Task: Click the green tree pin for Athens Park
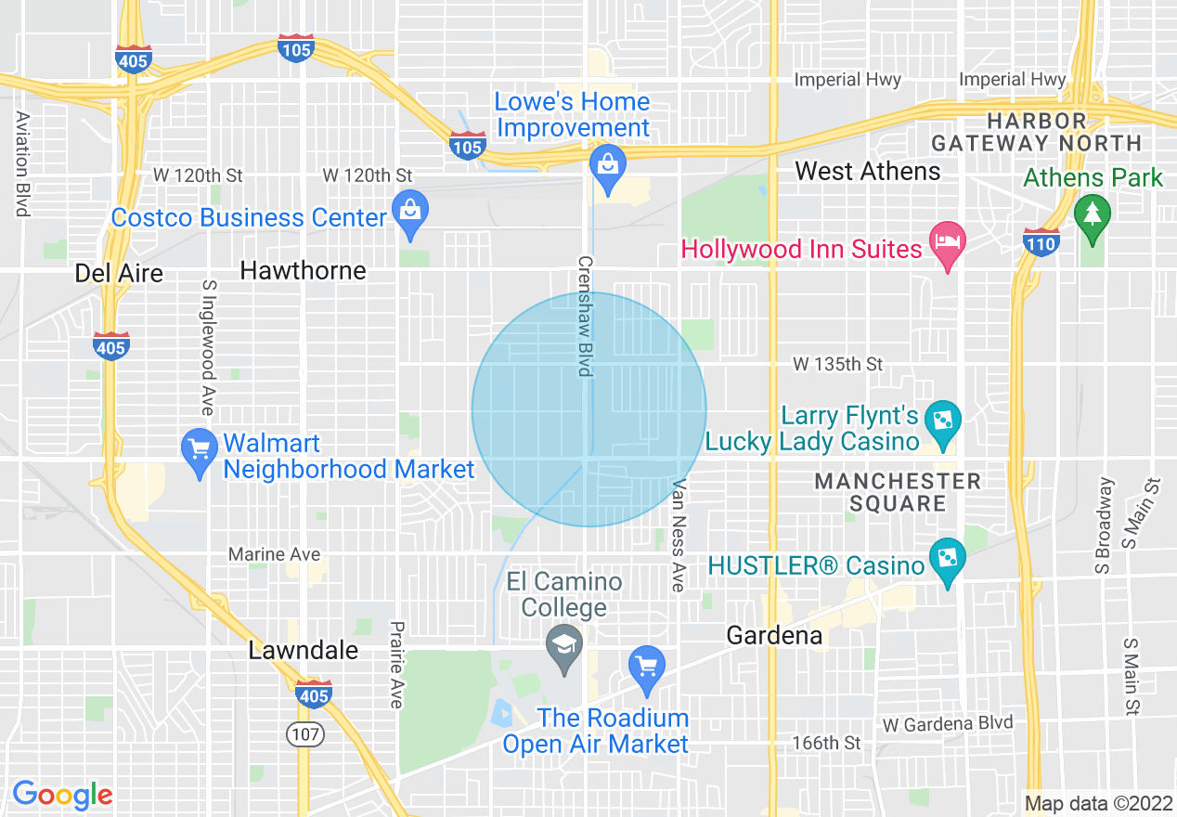[x=1093, y=215]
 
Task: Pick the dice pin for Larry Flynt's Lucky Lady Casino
[x=944, y=422]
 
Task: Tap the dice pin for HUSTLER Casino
[x=947, y=560]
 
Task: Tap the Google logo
[x=62, y=795]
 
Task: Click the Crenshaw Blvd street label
[x=585, y=317]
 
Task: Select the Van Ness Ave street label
[x=679, y=536]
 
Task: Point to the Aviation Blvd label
[x=21, y=164]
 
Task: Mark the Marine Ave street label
[x=275, y=554]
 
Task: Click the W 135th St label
[x=837, y=365]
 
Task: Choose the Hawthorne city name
[x=303, y=270]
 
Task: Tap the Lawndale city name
[x=303, y=650]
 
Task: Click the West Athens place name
[x=868, y=171]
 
